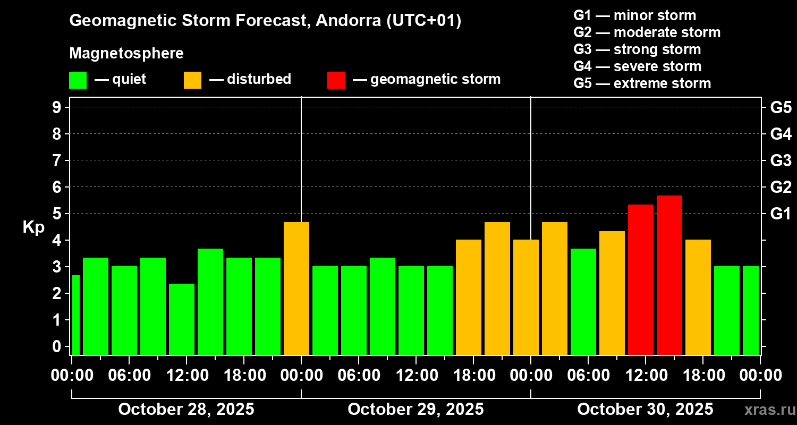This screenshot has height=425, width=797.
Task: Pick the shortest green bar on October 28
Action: [x=182, y=319]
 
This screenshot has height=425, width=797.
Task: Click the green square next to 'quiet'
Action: [x=78, y=80]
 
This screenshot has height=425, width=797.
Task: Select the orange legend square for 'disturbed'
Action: [x=192, y=80]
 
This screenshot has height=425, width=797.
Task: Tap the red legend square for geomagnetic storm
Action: [x=336, y=80]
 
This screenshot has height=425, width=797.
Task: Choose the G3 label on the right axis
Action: [x=781, y=160]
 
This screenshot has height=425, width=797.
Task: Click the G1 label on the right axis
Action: [x=781, y=214]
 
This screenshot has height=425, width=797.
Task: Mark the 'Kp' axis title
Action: [x=33, y=227]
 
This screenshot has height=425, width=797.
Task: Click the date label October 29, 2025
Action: [x=416, y=409]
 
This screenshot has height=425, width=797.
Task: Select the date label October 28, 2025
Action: [x=186, y=409]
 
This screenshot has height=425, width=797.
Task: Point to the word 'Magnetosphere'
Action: [x=126, y=54]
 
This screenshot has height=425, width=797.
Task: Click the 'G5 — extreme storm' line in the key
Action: [x=642, y=83]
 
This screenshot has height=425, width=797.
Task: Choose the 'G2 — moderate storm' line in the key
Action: [x=647, y=32]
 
